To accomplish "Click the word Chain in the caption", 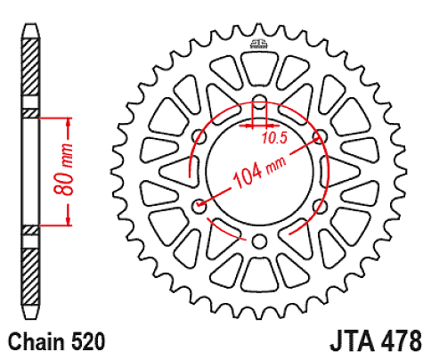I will click(34, 340).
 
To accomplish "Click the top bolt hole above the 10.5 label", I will click(258, 100).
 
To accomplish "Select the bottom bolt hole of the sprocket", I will click(258, 241).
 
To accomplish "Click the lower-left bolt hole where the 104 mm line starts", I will click(198, 206).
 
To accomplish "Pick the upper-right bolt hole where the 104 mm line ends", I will click(320, 135).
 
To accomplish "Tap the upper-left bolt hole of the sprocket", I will click(198, 135).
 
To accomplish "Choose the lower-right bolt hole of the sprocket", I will click(320, 206).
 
